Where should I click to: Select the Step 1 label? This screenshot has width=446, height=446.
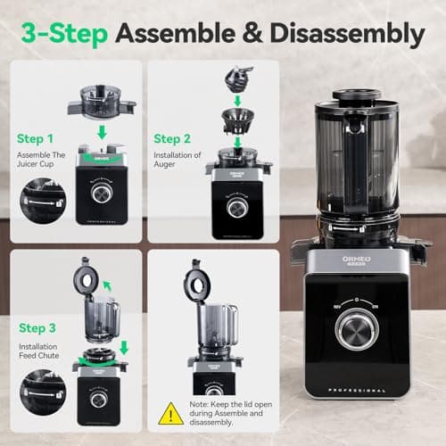pos(38,139)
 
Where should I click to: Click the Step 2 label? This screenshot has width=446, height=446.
pos(172,138)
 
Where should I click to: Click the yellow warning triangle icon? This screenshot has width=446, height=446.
pos(171,412)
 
